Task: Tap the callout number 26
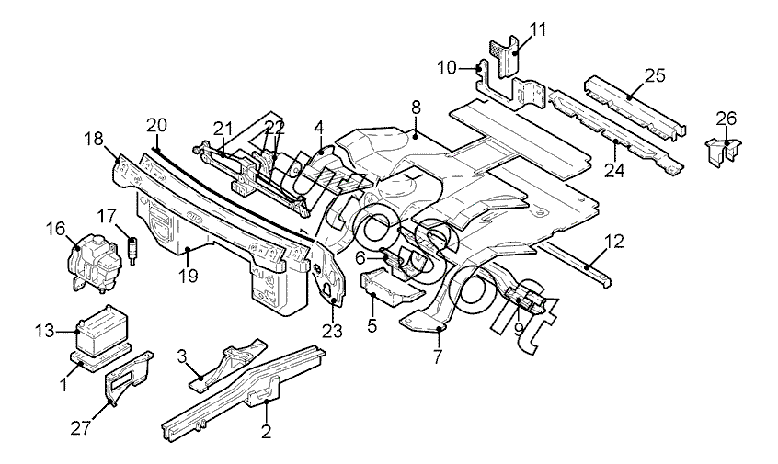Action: point(727,119)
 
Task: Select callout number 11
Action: point(537,28)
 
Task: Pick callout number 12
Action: point(614,243)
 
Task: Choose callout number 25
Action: point(655,74)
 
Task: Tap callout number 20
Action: point(156,125)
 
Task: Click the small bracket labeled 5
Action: point(386,288)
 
